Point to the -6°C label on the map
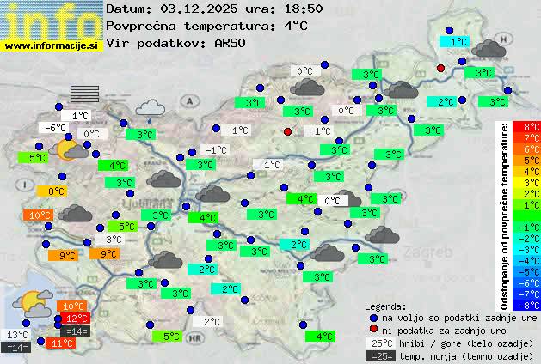tap(55, 128)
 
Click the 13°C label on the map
tap(17, 335)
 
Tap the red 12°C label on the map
tap(77, 318)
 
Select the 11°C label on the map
tap(61, 343)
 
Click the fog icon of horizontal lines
tap(85, 94)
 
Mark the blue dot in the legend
tap(373, 318)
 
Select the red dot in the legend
tap(373, 330)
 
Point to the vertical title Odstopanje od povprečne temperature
tap(507, 215)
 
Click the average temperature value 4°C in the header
tap(295, 26)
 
